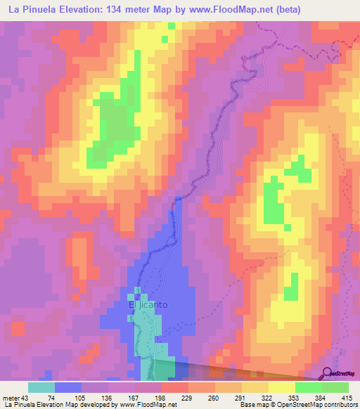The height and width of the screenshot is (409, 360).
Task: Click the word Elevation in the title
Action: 89,10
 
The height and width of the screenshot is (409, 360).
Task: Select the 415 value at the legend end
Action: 348,398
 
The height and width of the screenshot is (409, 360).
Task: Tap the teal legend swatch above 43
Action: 41,387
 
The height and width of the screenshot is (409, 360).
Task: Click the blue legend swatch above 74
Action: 68,387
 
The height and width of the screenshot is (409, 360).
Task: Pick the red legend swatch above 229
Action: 175,387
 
